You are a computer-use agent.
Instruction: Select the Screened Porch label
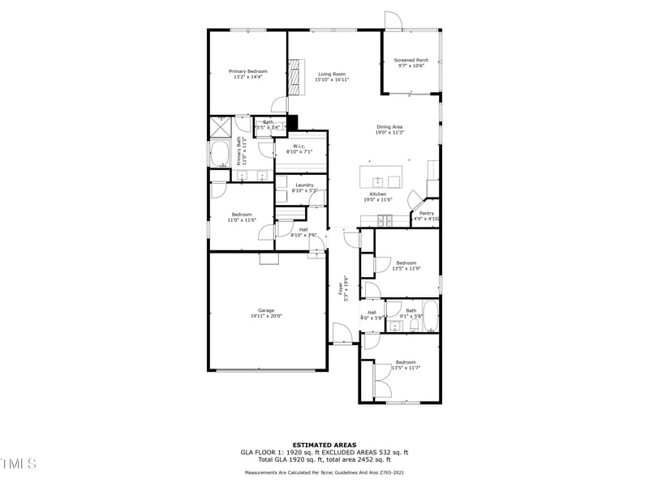pyautogui.click(x=411, y=60)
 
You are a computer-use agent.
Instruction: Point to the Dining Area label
pyautogui.click(x=389, y=126)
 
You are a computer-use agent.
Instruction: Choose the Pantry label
pyautogui.click(x=427, y=213)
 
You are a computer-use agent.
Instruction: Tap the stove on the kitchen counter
pyautogui.click(x=381, y=219)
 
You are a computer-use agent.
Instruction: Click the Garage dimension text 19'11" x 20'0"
pyautogui.click(x=266, y=316)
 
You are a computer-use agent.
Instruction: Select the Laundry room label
pyautogui.click(x=304, y=185)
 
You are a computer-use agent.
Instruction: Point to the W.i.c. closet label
pyautogui.click(x=299, y=147)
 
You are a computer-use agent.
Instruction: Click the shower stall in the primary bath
pyautogui.click(x=221, y=126)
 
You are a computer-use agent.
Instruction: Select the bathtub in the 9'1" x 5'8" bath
pyautogui.click(x=431, y=318)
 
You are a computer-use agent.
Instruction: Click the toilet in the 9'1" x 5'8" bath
pyautogui.click(x=414, y=326)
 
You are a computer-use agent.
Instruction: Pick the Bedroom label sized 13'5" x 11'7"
pyautogui.click(x=406, y=362)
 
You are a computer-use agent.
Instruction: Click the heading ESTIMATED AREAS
pyautogui.click(x=324, y=445)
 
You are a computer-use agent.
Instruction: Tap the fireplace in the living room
pyautogui.click(x=295, y=75)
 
